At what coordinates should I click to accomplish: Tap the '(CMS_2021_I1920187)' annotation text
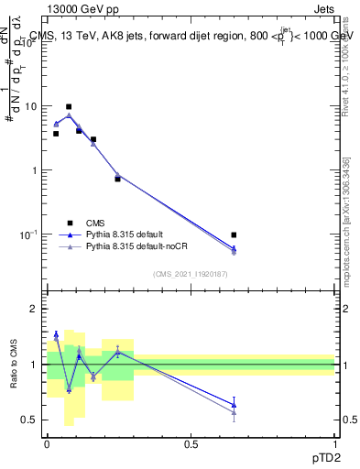click(191, 272)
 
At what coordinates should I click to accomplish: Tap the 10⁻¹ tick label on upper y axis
click(31, 234)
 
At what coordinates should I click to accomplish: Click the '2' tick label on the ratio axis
click(35, 310)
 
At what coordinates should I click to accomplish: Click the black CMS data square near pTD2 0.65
click(234, 235)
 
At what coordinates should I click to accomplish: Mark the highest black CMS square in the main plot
click(69, 106)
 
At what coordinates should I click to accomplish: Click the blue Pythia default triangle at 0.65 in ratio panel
click(234, 404)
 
